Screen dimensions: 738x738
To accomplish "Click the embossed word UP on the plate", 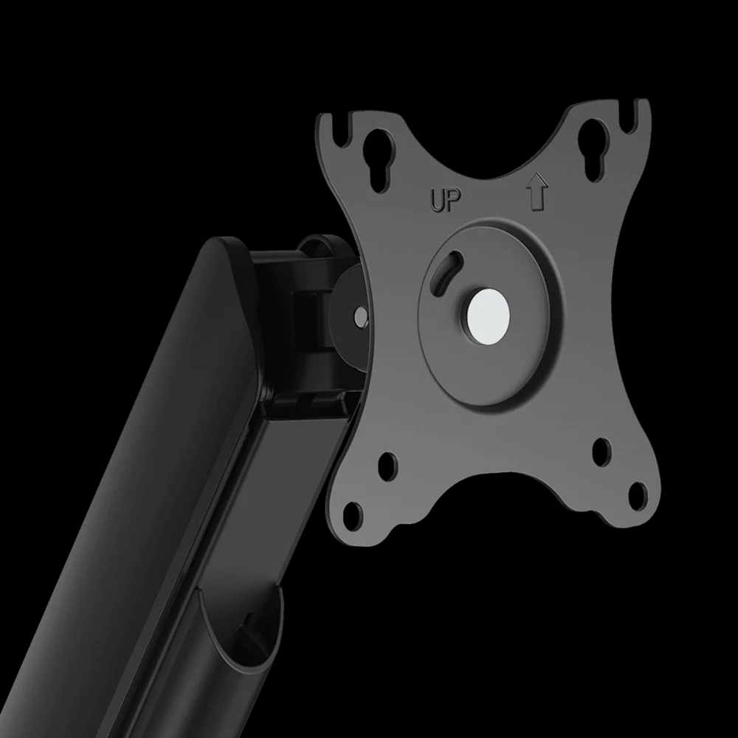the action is tap(446, 200).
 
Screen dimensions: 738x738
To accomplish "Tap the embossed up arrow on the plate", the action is tap(537, 192).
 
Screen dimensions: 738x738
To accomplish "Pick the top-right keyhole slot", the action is tap(594, 150).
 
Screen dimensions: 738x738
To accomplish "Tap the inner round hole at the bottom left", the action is tap(387, 467).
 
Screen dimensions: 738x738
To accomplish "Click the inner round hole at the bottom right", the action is tap(601, 452).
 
